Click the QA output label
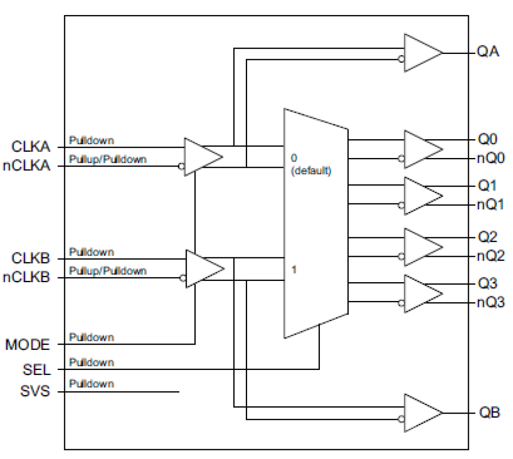point(488,51)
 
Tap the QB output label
point(489,412)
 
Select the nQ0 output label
point(491,158)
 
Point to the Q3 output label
point(487,283)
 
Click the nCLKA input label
point(27,166)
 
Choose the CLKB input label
point(31,258)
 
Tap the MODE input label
point(27,345)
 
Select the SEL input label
point(36,370)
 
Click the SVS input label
point(35,391)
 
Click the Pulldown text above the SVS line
point(91,384)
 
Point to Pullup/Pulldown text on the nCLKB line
point(108,271)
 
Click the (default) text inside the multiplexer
point(311,171)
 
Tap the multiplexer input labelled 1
point(294,270)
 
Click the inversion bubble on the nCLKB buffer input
point(183,278)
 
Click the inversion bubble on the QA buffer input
point(401,59)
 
